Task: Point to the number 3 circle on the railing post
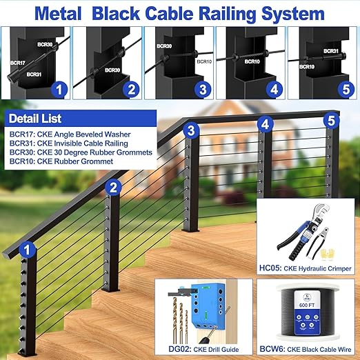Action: click(x=192, y=130)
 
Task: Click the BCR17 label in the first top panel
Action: click(x=17, y=61)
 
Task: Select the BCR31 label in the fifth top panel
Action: click(x=330, y=51)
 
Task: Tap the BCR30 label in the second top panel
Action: click(x=112, y=70)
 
